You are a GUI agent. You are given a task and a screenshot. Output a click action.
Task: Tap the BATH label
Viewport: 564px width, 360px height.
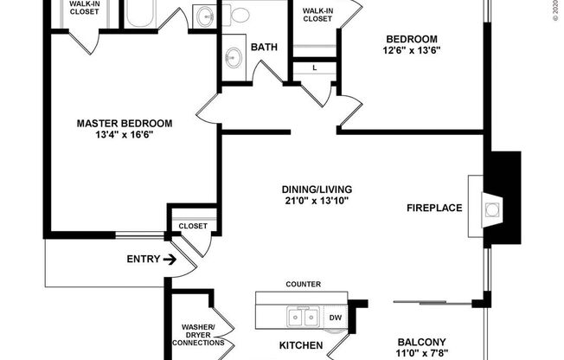pyautogui.click(x=264, y=48)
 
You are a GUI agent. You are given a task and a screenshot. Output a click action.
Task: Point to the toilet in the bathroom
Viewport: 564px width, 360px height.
pyautogui.click(x=240, y=15)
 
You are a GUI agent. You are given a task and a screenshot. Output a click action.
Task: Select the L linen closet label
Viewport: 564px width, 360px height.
pyautogui.click(x=314, y=67)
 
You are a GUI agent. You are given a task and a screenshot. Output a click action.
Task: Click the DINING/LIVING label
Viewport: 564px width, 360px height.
pyautogui.click(x=316, y=190)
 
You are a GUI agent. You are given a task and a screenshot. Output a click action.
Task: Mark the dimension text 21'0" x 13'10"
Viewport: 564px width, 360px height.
pyautogui.click(x=316, y=203)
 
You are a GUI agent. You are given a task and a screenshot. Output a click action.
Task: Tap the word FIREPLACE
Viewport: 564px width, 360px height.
pyautogui.click(x=434, y=208)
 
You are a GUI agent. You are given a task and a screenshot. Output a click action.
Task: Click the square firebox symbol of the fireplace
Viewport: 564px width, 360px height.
pyautogui.click(x=491, y=209)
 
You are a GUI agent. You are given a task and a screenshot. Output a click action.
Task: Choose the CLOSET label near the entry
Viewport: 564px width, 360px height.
pyautogui.click(x=193, y=226)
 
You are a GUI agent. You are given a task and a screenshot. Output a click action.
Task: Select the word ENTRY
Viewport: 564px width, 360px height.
pyautogui.click(x=142, y=259)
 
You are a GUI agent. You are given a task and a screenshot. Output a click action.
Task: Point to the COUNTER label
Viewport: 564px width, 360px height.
pyautogui.click(x=304, y=284)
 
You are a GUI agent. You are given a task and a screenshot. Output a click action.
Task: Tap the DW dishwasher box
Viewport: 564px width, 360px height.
pyautogui.click(x=336, y=318)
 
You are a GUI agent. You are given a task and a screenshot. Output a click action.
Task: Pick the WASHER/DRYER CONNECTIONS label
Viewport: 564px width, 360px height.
pyautogui.click(x=203, y=334)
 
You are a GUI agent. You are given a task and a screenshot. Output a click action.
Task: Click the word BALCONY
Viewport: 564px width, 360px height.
pyautogui.click(x=421, y=341)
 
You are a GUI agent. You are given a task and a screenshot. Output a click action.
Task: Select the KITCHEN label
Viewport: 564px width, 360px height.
pyautogui.click(x=301, y=346)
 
